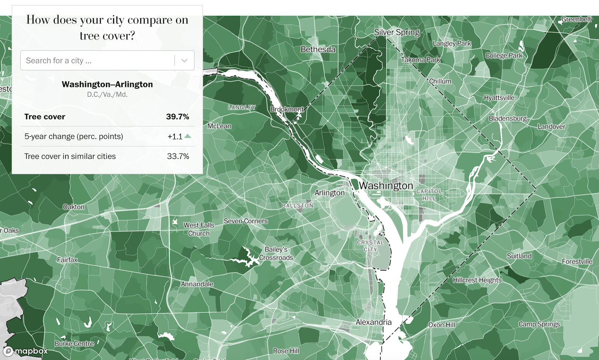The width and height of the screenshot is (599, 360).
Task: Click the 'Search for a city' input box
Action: point(97,60)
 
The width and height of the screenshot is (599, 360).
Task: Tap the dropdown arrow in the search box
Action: point(184,60)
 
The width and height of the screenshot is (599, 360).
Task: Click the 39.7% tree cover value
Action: point(177,117)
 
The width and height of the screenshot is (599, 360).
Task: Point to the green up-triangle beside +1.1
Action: point(188,136)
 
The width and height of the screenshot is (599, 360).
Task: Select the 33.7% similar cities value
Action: point(178,156)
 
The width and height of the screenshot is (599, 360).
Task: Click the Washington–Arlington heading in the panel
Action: point(107,84)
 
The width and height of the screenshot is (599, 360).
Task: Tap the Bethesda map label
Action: point(318,49)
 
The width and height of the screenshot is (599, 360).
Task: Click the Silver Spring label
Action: point(397,32)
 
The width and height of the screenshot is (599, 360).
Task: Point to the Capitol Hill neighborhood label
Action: point(429,194)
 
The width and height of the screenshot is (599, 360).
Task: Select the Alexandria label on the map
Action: point(373,322)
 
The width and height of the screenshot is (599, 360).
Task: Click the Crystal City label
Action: point(370,246)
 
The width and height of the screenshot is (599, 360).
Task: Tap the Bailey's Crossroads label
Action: point(276,254)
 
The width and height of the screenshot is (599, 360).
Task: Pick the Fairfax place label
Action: point(67,260)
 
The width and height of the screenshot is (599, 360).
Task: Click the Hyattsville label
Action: point(499,98)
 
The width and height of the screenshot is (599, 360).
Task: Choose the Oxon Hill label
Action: point(441,325)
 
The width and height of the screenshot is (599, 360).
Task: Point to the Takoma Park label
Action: point(420,60)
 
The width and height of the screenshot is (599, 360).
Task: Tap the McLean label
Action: point(219,126)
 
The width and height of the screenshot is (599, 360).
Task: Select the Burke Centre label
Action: point(74,344)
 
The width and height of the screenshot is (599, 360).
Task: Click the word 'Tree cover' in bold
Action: point(45,117)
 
